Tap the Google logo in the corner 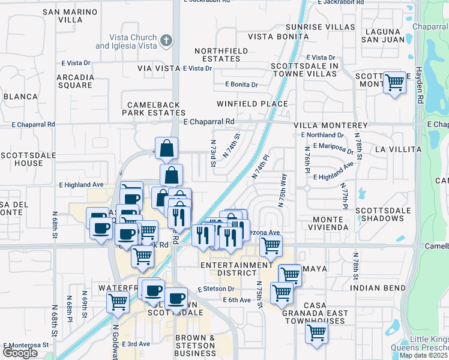pos(20,352)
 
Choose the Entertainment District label pos(237,269)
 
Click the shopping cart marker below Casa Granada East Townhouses pos(316,332)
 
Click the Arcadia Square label pos(75,81)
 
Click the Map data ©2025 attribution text pos(424,355)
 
